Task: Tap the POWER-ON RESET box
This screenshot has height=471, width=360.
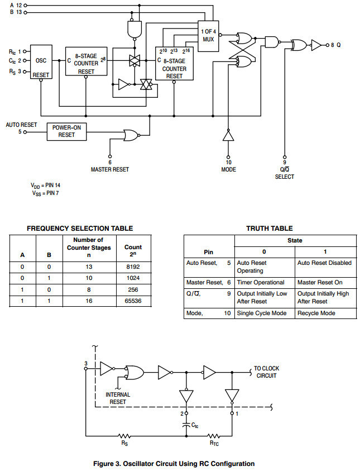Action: pyautogui.click(x=66, y=131)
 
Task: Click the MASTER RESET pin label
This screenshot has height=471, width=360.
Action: pyautogui.click(x=109, y=168)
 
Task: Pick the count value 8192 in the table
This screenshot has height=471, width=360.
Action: pyautogui.click(x=133, y=267)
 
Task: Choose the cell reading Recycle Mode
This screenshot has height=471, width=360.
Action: pyautogui.click(x=316, y=313)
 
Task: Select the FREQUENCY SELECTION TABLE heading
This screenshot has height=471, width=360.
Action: pyautogui.click(x=80, y=228)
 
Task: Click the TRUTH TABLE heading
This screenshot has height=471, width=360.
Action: pyautogui.click(x=270, y=228)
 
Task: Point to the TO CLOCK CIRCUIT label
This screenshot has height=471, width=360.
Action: pyautogui.click(x=266, y=372)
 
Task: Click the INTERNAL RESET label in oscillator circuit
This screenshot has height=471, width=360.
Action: pyautogui.click(x=118, y=398)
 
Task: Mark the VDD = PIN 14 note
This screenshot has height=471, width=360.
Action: pyautogui.click(x=49, y=184)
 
